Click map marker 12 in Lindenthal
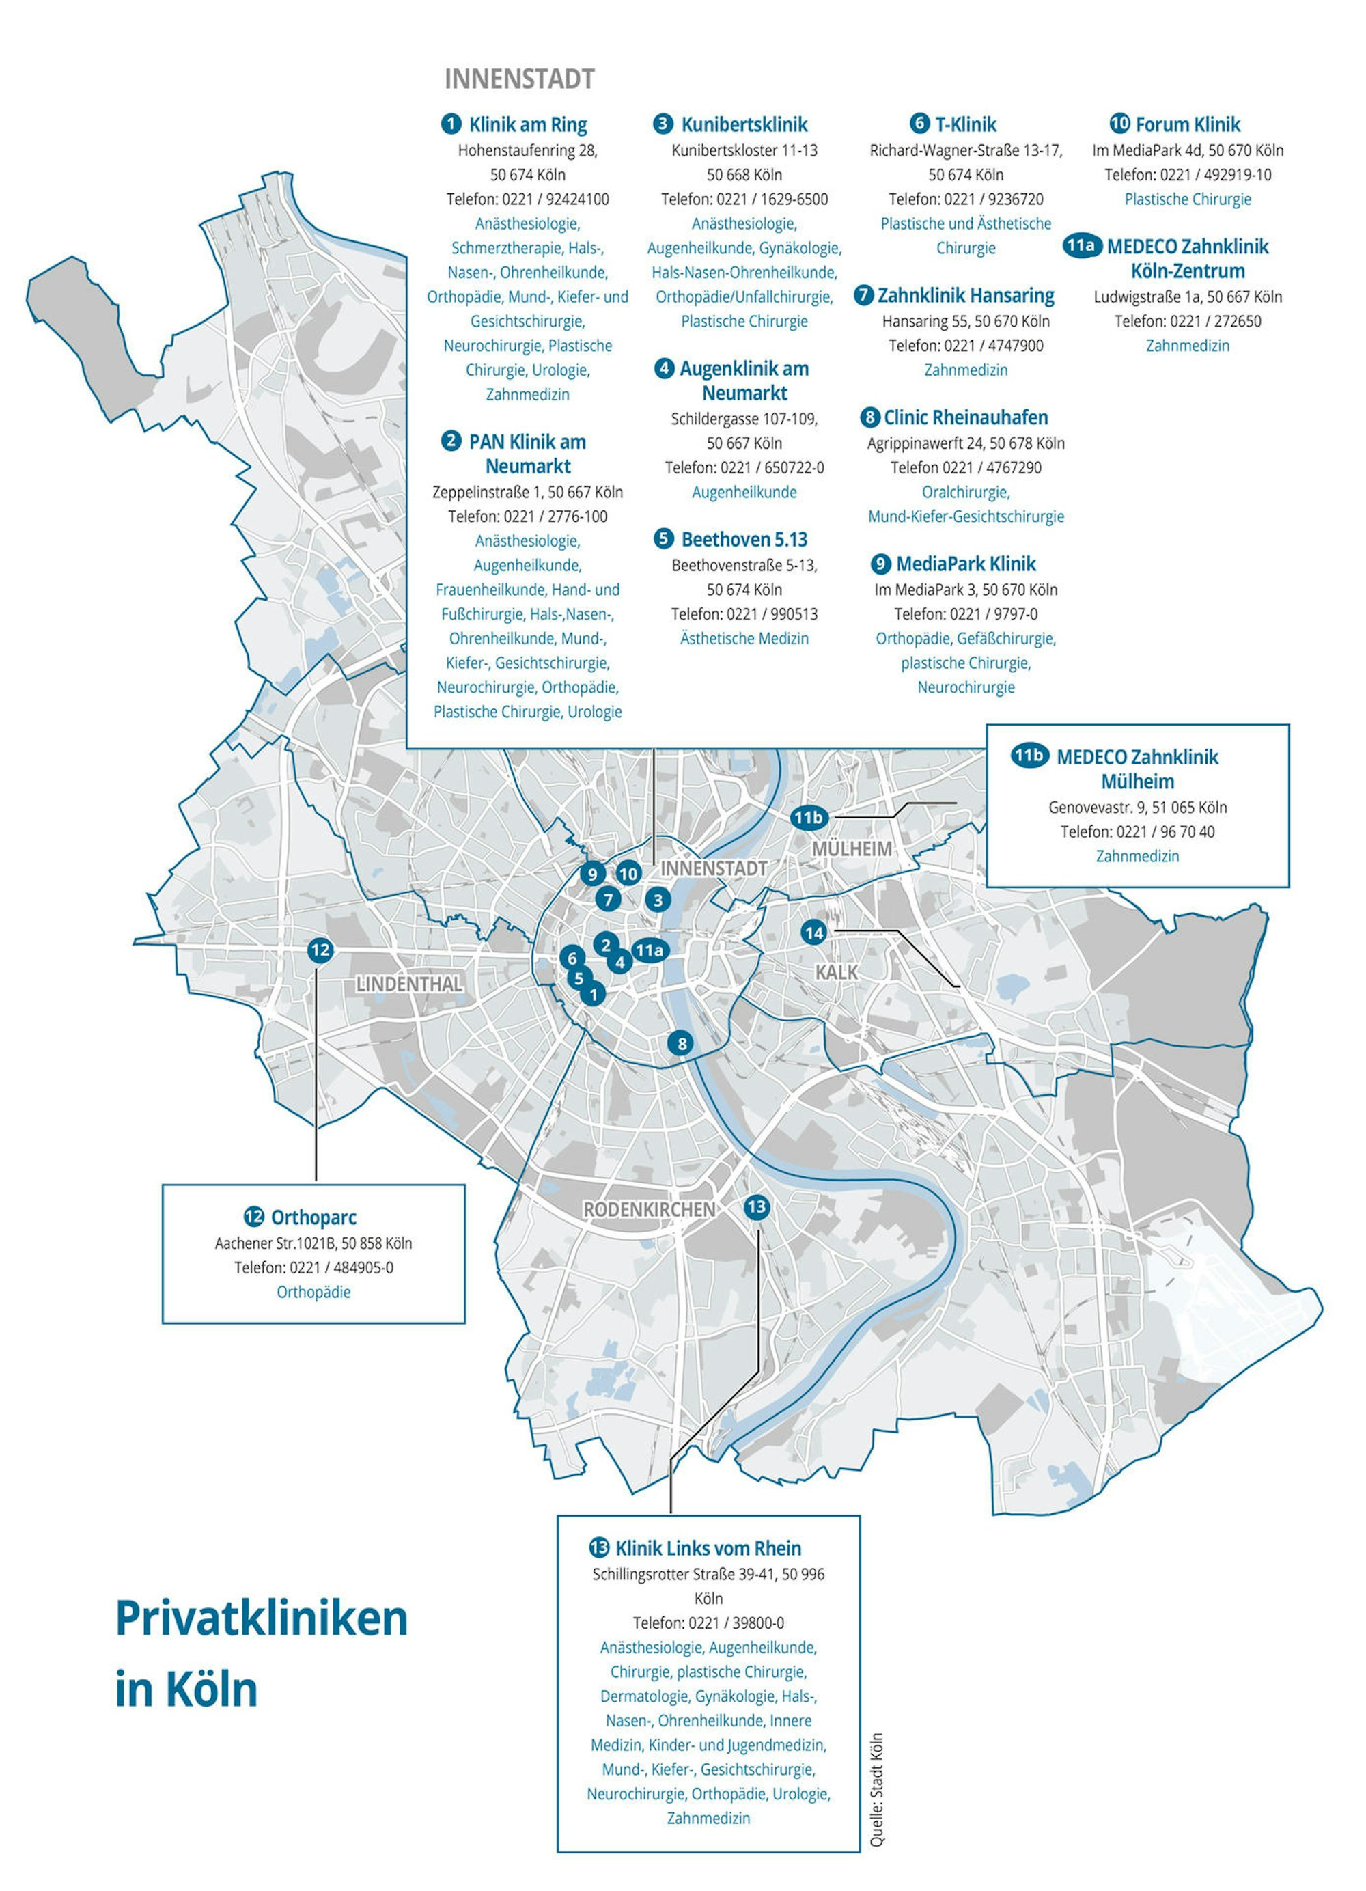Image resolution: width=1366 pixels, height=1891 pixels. pos(320,950)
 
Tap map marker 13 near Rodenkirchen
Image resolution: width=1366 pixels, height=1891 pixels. pos(756,1206)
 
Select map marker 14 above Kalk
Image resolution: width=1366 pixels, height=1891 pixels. pos(813,932)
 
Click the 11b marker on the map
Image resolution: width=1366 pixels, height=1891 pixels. pos(807,817)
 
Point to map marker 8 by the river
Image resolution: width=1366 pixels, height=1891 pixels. pos(681,1043)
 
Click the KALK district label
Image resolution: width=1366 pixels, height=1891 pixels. pos(836,971)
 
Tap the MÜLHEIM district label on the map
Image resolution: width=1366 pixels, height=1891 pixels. pos(851,848)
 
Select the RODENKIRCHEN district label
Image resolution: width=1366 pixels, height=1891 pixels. pos(648,1209)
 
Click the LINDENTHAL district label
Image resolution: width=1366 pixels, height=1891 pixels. pos(408,984)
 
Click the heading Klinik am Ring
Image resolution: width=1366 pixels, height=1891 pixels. pos(527,125)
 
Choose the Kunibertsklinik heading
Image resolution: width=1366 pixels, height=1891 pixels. pos(743,125)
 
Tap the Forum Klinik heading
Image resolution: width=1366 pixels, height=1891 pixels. pos(1187,125)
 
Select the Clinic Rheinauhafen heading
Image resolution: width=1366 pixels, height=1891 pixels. pos(965,417)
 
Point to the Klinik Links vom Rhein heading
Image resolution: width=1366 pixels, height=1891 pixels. pos(708,1548)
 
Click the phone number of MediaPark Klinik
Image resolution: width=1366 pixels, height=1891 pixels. pos(965,613)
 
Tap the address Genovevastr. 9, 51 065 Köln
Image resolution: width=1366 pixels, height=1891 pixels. pos(1137,807)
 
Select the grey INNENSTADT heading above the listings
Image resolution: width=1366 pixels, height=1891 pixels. pos(519,79)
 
